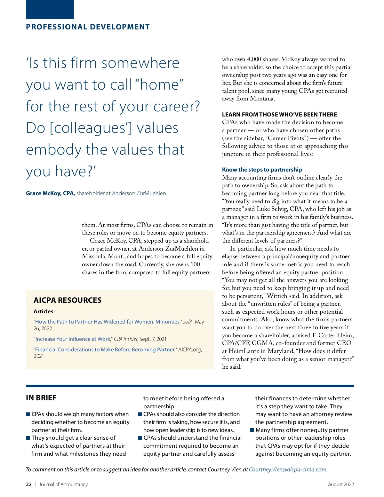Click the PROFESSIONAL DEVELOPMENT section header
click(88, 27)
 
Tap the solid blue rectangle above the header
click(50, 9)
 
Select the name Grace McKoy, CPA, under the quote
click(50, 193)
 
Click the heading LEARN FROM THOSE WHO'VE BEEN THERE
click(279, 115)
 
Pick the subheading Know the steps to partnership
click(262, 170)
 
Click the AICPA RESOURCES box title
click(68, 300)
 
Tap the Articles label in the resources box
click(44, 311)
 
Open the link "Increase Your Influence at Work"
click(73, 339)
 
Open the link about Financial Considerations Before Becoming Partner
click(105, 349)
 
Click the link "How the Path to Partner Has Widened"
click(107, 322)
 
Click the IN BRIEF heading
click(41, 398)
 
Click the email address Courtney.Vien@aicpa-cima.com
click(288, 469)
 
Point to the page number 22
click(29, 485)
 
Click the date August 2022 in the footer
click(341, 485)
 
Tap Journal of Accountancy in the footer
click(63, 485)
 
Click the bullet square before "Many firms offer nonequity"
click(252, 430)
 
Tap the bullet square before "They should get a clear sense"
click(28, 438)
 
